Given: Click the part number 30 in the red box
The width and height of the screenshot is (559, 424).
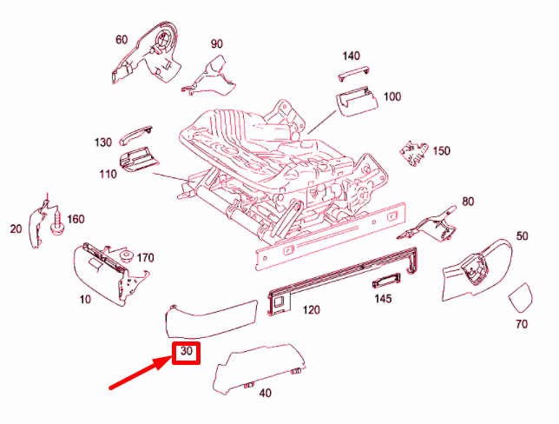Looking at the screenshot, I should click(x=186, y=353).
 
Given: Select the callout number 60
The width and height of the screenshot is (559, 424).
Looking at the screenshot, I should click(x=122, y=39).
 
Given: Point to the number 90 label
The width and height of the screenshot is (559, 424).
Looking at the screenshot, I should click(x=216, y=43).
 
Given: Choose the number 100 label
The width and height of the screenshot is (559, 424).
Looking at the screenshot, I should click(x=391, y=96).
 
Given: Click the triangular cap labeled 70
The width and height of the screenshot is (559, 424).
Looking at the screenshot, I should click(x=522, y=298).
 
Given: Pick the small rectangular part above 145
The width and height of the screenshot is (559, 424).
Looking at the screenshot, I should click(x=385, y=281).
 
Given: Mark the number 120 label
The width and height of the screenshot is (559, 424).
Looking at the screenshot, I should click(x=310, y=310).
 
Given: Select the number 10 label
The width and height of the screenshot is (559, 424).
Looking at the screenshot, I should click(x=84, y=300).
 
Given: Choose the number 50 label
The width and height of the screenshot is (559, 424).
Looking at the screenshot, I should click(x=522, y=235).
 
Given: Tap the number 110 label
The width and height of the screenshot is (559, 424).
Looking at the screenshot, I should click(x=108, y=174).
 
